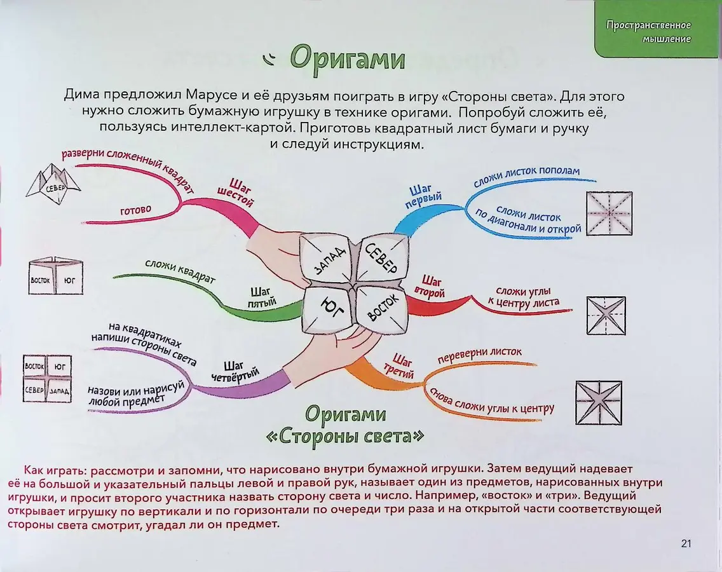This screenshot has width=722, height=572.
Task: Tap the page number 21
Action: (686, 543)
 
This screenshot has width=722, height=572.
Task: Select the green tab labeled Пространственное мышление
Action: (658, 29)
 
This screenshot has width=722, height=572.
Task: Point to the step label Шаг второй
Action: (430, 287)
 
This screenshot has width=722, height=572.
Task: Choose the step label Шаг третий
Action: (399, 366)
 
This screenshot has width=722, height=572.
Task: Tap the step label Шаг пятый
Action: (262, 297)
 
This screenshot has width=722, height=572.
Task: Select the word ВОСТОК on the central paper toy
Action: (383, 307)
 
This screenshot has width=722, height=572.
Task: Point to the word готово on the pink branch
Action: (135, 210)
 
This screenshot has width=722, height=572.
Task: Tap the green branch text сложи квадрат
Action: (180, 271)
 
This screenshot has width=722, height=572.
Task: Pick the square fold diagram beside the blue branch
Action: (609, 214)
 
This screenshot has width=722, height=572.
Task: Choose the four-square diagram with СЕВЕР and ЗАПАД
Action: (48, 379)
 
